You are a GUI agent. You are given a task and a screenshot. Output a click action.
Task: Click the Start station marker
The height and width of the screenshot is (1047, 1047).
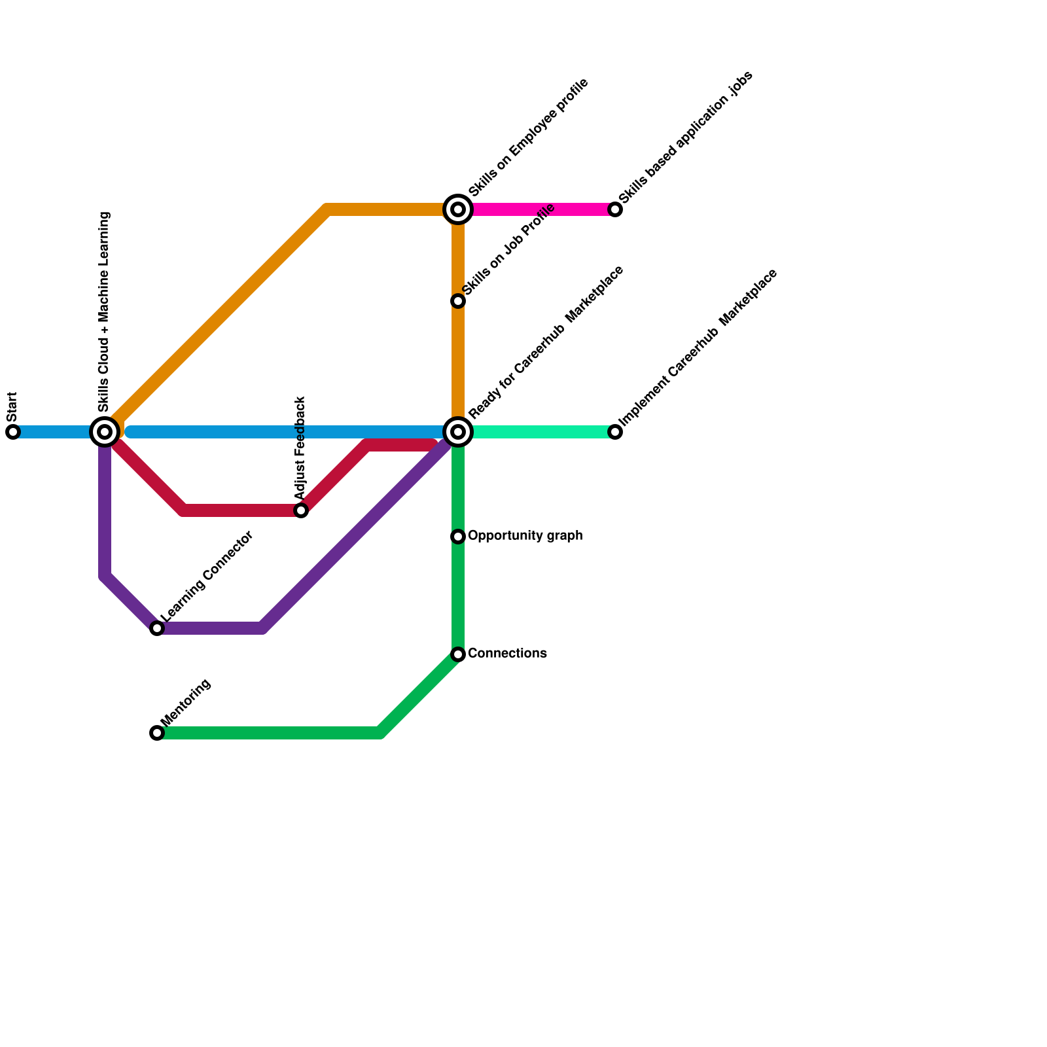coord(13,432)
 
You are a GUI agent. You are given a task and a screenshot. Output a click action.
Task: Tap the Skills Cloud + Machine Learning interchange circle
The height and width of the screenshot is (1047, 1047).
coord(105,432)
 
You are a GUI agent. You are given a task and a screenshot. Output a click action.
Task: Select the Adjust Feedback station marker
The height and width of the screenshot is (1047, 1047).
coord(301,510)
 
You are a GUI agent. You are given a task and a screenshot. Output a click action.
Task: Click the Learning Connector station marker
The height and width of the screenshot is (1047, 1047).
coord(157,628)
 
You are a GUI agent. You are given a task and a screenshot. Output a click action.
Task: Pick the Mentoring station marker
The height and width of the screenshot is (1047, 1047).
coord(157,733)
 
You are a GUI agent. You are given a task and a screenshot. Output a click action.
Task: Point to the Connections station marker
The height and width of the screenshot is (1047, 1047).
coord(458,654)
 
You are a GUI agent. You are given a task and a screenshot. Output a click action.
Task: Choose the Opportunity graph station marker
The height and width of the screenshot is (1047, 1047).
coord(458,537)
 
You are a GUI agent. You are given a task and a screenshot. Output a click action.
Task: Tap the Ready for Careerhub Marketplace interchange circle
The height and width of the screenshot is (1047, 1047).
coord(458,432)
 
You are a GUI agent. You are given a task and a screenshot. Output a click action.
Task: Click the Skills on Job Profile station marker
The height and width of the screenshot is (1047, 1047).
coord(458,301)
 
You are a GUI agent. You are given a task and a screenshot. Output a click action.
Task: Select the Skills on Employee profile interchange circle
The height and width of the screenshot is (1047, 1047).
coord(458,209)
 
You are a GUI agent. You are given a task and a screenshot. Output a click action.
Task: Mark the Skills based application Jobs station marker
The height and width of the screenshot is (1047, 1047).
coord(615,209)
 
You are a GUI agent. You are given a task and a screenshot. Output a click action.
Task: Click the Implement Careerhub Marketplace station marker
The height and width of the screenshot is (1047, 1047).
coord(615,432)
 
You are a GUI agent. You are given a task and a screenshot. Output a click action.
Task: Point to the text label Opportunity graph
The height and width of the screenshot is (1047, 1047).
coord(525,536)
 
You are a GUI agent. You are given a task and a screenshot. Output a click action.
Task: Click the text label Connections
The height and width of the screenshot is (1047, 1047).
coord(507,654)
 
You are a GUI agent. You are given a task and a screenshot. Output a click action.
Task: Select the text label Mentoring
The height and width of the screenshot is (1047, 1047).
coord(186,702)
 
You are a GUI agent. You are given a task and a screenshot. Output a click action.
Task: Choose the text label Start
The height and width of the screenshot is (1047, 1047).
coord(12,407)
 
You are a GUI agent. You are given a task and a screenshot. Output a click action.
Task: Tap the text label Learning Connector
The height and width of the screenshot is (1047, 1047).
coord(207,577)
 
